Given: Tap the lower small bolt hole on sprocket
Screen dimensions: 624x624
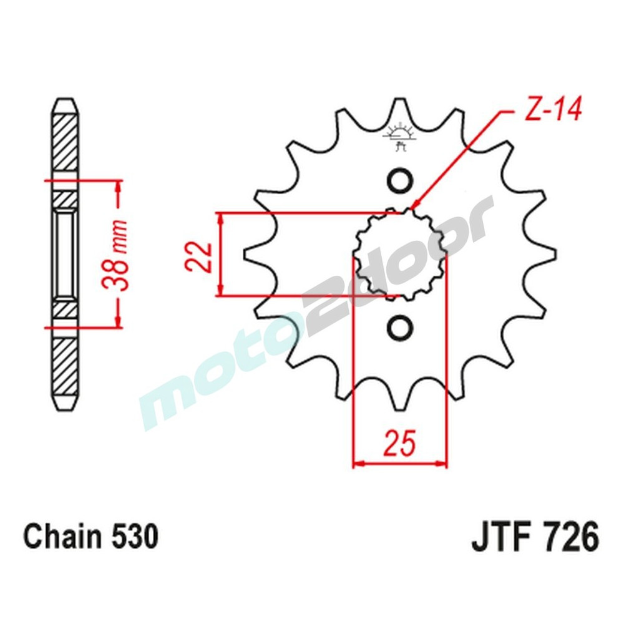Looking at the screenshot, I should (399, 327).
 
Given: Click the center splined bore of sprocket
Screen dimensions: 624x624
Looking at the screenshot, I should (399, 254).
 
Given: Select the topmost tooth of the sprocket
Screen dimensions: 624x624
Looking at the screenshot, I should (399, 106).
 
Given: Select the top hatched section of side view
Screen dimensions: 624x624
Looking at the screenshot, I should (65, 144).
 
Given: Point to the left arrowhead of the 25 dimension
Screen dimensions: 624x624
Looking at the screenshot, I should (358, 464).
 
